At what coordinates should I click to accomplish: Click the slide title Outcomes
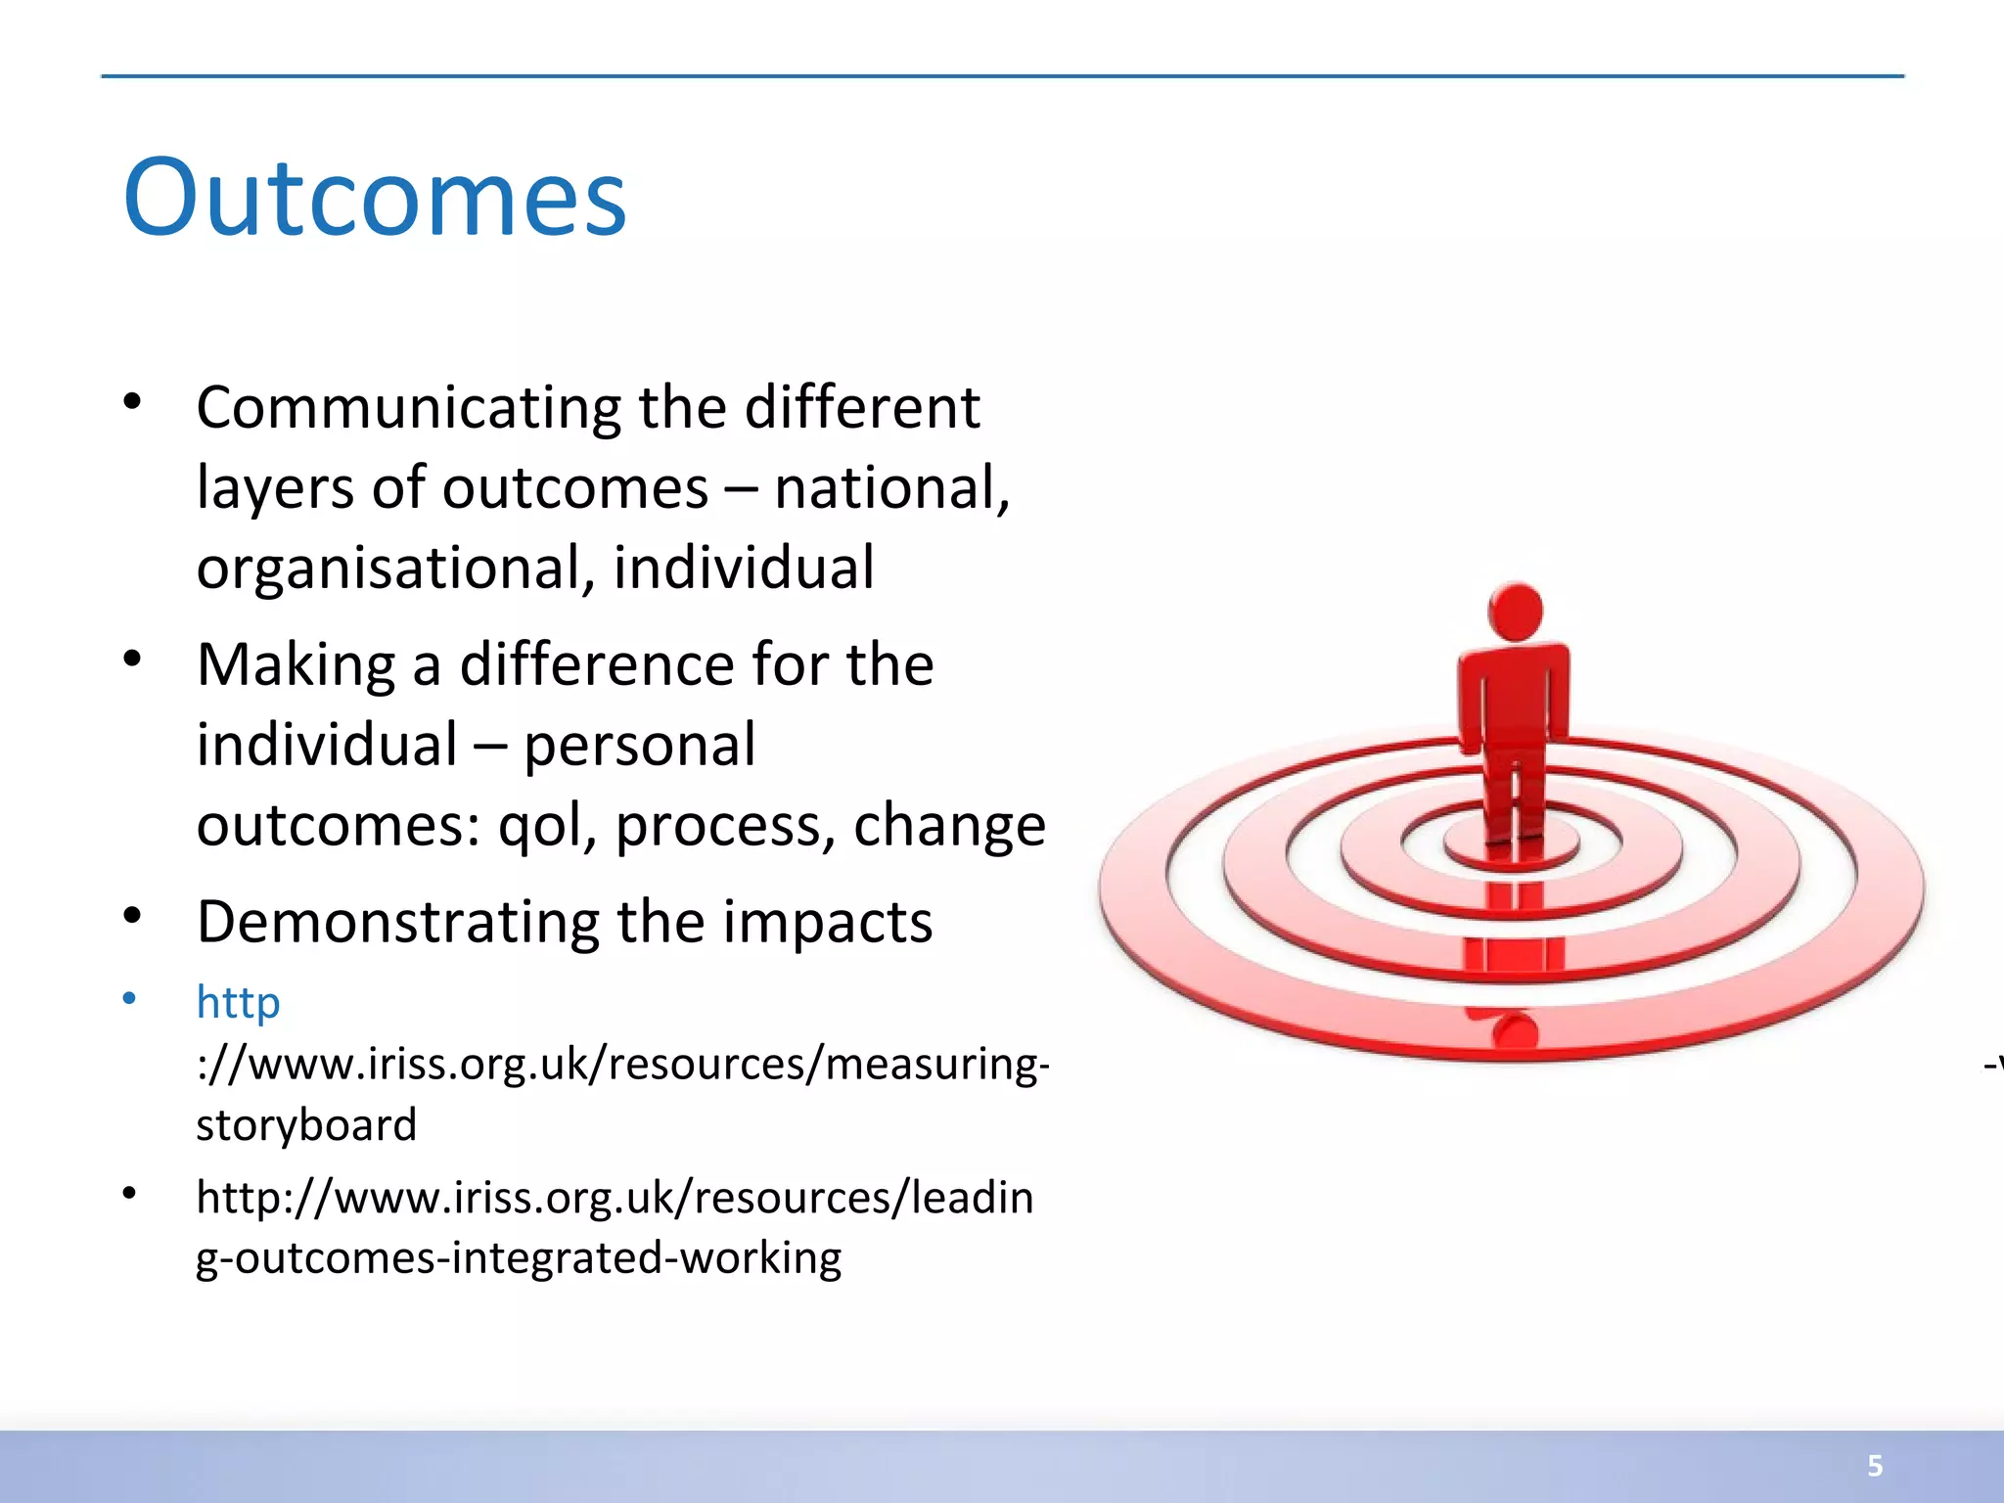[x=375, y=199]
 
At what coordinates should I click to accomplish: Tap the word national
[x=888, y=488]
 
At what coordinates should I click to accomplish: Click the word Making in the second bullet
[x=296, y=665]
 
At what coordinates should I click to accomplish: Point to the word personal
[x=639, y=746]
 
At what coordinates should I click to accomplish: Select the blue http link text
[x=238, y=1003]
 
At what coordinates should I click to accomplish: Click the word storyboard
[x=306, y=1125]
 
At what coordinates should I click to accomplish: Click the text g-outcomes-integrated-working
[x=519, y=1259]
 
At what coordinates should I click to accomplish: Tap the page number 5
[x=1875, y=1466]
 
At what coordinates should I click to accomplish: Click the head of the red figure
[x=1515, y=612]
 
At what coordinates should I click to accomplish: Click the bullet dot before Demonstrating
[x=133, y=916]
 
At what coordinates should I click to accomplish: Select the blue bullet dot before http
[x=129, y=998]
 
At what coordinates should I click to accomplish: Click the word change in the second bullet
[x=949, y=826]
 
